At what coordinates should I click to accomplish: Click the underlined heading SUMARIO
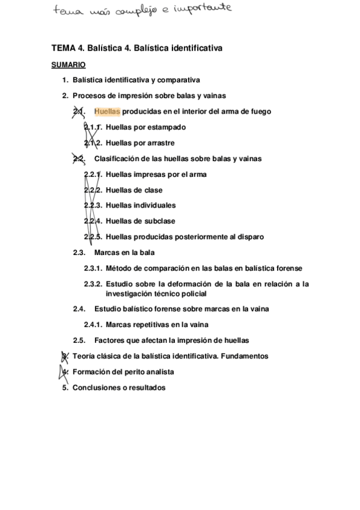[x=68, y=64]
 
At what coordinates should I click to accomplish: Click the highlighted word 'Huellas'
[x=107, y=111]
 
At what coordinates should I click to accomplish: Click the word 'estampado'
[x=165, y=127]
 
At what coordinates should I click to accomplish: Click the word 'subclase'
[x=160, y=221]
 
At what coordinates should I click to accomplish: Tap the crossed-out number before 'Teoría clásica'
[x=66, y=356]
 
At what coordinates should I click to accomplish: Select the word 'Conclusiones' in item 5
[x=94, y=388]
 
